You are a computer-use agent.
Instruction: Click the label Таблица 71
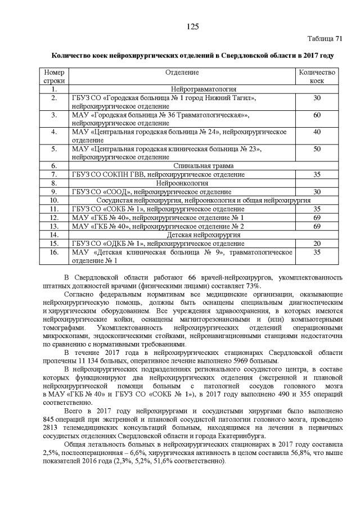click(x=325, y=39)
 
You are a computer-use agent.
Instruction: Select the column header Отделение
click(x=182, y=73)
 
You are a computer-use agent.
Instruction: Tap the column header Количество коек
click(x=317, y=77)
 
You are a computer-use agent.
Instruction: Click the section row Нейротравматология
click(x=182, y=89)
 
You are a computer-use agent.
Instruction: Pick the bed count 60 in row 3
click(x=317, y=115)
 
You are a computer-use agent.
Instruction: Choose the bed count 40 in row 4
click(x=317, y=132)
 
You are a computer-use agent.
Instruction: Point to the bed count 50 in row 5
click(x=317, y=148)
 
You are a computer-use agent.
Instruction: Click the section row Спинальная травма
click(x=182, y=166)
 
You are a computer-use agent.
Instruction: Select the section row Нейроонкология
click(x=182, y=183)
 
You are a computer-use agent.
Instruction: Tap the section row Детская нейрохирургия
click(x=182, y=235)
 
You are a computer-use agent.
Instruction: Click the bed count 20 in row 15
click(x=317, y=243)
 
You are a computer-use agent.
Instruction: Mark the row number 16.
click(x=54, y=252)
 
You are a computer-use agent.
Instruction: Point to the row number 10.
click(x=54, y=200)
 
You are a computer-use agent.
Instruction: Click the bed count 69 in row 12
click(x=317, y=217)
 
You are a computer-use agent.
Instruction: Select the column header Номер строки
click(x=54, y=77)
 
